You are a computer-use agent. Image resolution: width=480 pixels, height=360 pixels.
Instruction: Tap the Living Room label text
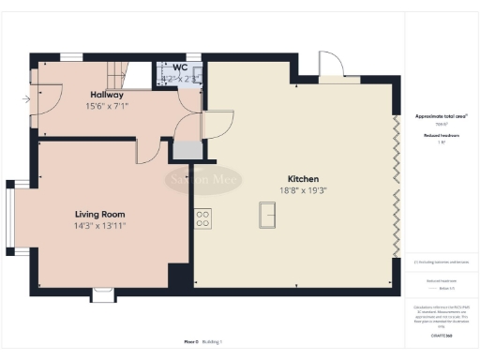click(100, 213)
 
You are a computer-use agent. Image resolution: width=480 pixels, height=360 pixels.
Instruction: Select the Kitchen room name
click(304, 178)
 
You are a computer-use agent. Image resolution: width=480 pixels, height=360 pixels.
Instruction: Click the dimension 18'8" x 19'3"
click(304, 190)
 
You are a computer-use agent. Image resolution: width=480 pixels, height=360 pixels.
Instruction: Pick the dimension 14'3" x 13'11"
click(100, 226)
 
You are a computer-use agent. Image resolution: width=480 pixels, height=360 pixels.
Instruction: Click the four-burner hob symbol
click(202, 218)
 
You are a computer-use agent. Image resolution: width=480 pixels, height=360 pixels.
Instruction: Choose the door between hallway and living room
click(148, 149)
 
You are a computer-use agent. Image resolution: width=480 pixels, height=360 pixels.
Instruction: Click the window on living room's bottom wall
click(103, 295)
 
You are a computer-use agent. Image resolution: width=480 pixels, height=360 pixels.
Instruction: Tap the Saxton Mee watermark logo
click(205, 178)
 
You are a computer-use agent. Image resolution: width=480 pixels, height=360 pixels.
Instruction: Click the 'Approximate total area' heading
click(441, 116)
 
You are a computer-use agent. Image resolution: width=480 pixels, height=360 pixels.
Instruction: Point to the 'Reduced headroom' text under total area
click(441, 134)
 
